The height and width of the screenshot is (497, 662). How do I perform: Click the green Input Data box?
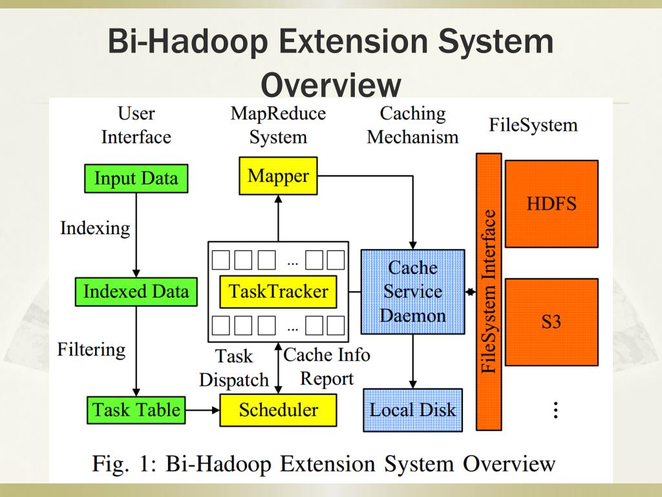pos(136,178)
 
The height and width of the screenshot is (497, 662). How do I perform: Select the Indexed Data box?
pos(136,292)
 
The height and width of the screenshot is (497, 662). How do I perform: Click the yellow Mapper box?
pos(278,175)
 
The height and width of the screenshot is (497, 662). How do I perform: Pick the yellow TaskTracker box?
pos(278,292)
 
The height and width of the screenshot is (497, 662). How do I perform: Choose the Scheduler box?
pos(278,410)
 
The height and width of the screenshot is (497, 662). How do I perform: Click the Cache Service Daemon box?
pos(412,292)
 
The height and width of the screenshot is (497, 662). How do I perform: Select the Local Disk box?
pos(412,410)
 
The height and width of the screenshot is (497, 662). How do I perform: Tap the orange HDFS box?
pos(551,204)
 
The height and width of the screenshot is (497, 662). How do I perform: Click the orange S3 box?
pos(551,322)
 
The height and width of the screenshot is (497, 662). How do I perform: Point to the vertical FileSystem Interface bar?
pos(489,292)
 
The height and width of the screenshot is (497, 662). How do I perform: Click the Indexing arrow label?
pos(95,228)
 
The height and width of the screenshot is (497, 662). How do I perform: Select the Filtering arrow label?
pos(91,350)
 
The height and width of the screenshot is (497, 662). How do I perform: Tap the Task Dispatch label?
pos(233,368)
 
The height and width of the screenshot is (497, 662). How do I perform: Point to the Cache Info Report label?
pos(326,366)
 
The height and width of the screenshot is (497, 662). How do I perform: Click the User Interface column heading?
pos(136,125)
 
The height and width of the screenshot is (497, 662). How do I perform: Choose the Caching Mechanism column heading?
pos(412,125)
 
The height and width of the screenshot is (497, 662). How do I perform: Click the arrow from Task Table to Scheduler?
pos(202,410)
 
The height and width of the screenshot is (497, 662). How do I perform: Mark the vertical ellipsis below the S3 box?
pos(555,410)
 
